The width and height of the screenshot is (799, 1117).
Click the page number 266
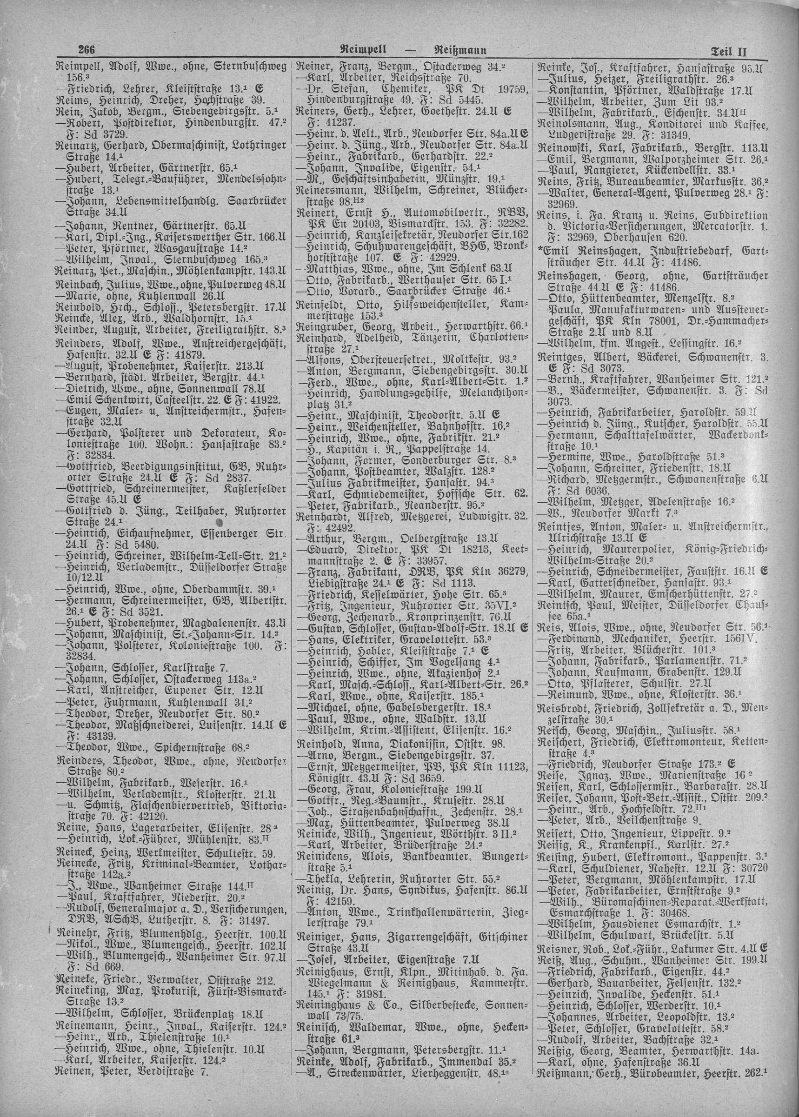click(86, 49)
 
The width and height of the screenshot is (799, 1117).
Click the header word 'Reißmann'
click(460, 50)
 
